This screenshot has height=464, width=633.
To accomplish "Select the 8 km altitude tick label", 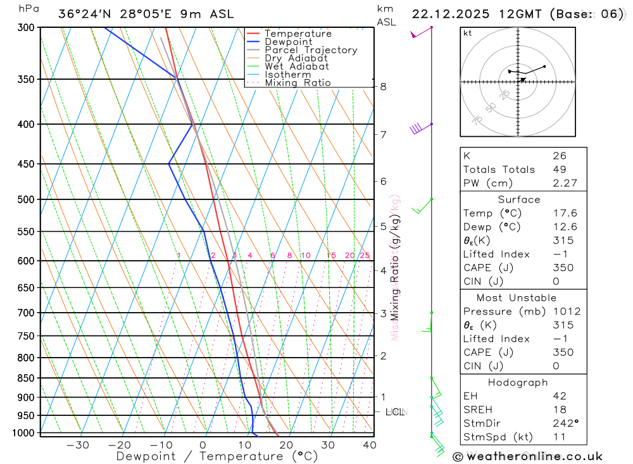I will pyautogui.click(x=383, y=87).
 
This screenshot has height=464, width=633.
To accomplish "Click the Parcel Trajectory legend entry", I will pyautogui.click(x=311, y=50).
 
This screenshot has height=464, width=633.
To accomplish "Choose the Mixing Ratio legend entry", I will pyautogui.click(x=298, y=83).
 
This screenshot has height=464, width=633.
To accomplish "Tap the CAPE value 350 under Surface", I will pyautogui.click(x=563, y=268).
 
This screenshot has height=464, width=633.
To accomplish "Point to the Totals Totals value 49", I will pyautogui.click(x=559, y=170).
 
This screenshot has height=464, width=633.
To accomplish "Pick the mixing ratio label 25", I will pyautogui.click(x=365, y=256).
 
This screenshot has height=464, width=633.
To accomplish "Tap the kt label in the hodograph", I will pyautogui.click(x=468, y=34).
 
